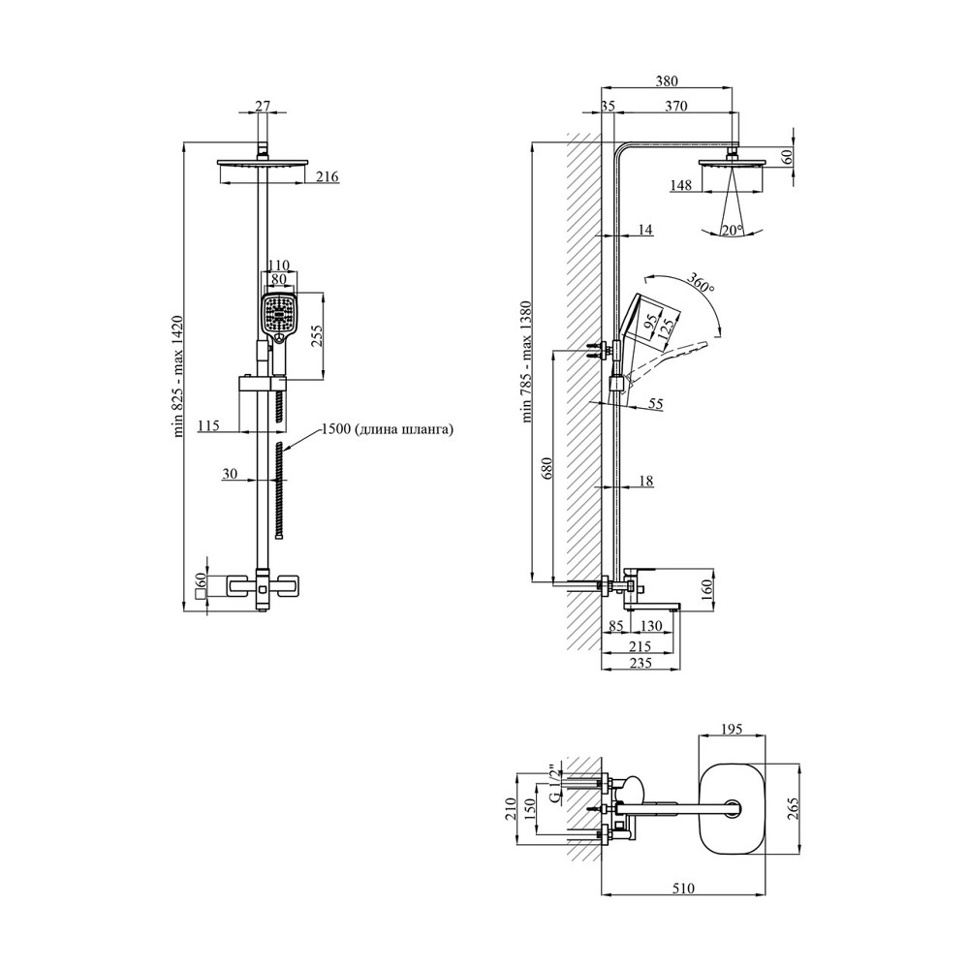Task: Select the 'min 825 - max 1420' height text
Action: tap(179, 377)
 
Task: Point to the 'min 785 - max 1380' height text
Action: tap(528, 362)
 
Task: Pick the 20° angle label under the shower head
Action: tap(732, 230)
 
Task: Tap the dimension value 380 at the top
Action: tap(667, 81)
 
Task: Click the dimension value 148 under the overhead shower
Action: tap(681, 186)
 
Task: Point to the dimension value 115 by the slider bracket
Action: tap(208, 424)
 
